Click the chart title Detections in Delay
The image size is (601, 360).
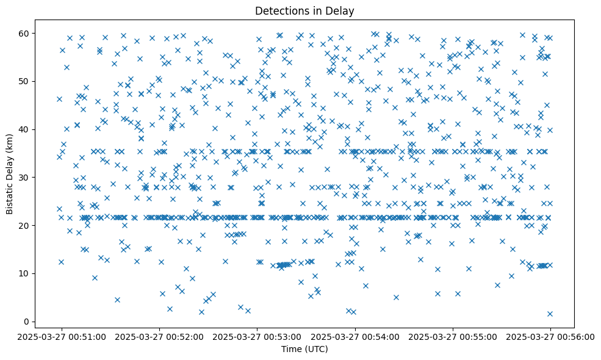tap(304, 11)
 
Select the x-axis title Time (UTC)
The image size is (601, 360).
tap(304, 349)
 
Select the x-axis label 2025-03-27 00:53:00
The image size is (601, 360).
tap(257, 336)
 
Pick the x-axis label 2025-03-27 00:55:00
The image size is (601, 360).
tap(453, 336)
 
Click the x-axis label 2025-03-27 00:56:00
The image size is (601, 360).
tap(550, 336)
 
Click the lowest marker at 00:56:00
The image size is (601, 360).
tap(550, 314)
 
